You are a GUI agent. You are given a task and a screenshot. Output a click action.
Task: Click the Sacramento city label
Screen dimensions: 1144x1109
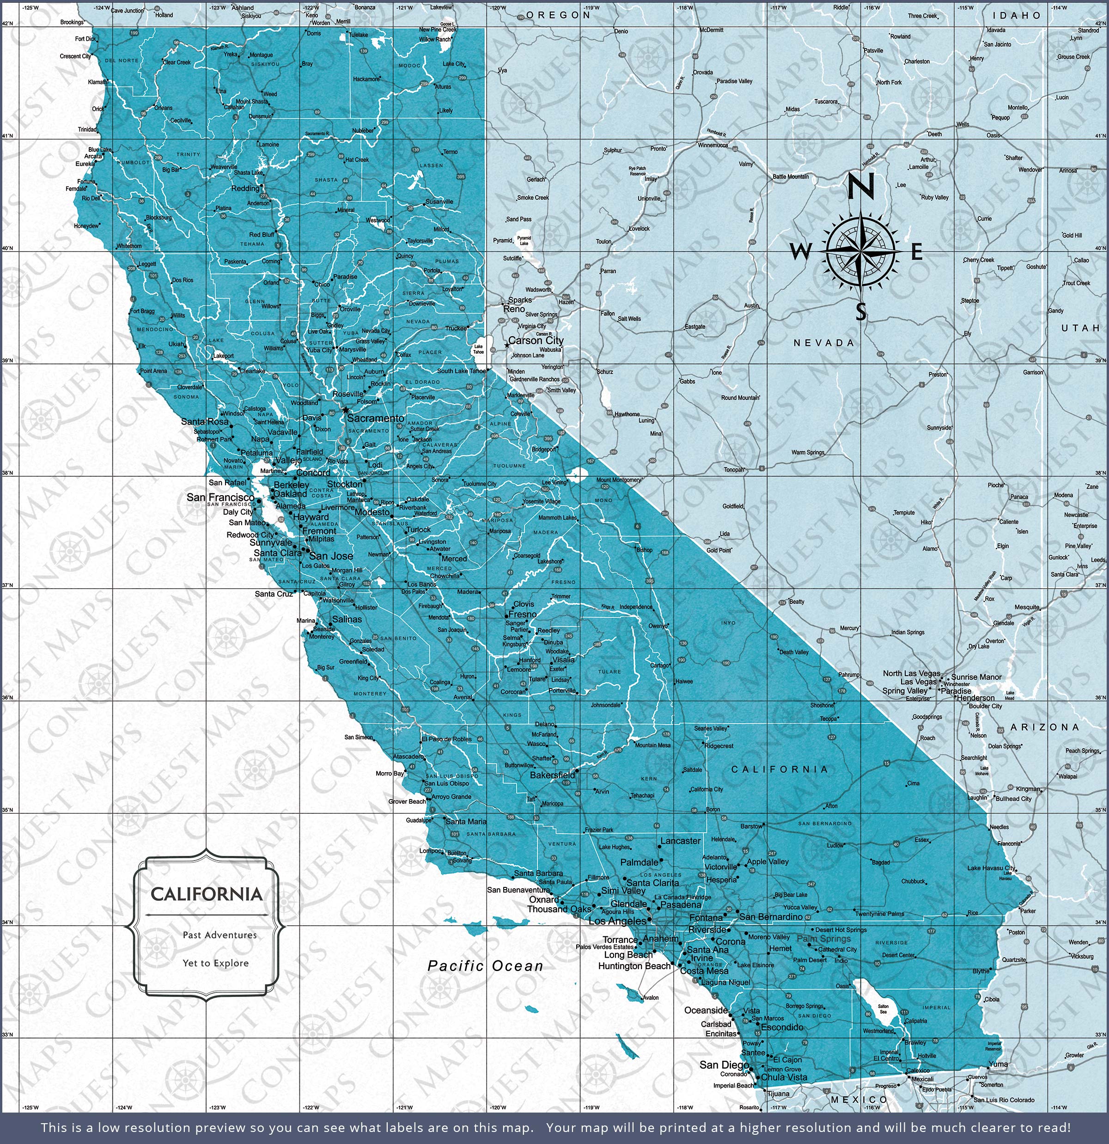(375, 418)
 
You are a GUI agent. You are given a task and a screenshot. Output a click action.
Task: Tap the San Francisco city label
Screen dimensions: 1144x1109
(220, 497)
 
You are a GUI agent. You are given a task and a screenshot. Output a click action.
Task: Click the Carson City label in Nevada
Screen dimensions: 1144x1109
(536, 340)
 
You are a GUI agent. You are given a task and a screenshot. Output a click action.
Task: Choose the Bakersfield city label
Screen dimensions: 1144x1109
(552, 775)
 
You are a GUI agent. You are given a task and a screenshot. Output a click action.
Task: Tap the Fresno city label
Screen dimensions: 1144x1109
(522, 615)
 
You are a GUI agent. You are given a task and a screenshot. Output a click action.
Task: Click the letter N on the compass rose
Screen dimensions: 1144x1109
(860, 187)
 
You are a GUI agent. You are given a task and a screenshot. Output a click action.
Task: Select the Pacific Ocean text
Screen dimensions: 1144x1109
(485, 966)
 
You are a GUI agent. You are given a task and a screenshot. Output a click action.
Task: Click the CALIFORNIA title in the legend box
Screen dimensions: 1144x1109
(207, 894)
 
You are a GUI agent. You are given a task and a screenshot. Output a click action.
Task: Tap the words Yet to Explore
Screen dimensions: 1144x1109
(215, 963)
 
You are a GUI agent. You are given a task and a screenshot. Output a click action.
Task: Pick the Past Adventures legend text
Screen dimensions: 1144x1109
(219, 935)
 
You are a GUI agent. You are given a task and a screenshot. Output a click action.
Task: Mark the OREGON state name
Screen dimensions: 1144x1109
(558, 15)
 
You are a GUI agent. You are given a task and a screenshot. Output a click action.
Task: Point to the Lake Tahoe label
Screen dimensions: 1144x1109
(478, 349)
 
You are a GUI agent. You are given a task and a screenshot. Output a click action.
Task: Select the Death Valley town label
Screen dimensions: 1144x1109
(794, 652)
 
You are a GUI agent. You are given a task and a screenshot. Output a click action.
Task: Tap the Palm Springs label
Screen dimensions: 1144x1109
(823, 939)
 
